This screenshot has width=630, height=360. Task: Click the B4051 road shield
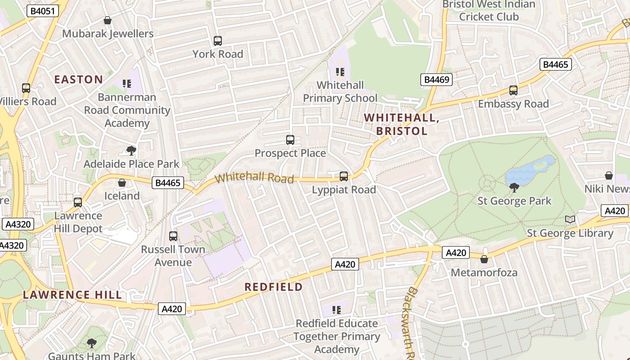point(43,11)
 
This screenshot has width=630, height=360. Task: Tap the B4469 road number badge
point(436,80)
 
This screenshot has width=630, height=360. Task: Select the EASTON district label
point(79,80)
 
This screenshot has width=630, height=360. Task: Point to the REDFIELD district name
point(274,287)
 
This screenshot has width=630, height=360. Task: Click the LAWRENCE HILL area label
point(72,295)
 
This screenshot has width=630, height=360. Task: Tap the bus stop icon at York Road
point(218,41)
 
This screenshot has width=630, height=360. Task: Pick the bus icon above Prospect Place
point(290,140)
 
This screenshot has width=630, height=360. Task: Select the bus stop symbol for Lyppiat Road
point(344,176)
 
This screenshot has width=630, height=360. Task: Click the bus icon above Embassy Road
point(513,90)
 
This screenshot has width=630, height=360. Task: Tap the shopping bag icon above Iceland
point(121,183)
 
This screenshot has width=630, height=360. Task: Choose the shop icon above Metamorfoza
point(484,259)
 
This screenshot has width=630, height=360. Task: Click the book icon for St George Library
point(570,220)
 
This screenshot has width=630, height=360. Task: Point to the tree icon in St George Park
point(514,188)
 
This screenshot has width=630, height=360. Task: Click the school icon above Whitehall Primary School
point(340,72)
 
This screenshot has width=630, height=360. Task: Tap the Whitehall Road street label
point(254,177)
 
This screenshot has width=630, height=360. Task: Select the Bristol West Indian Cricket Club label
point(489,11)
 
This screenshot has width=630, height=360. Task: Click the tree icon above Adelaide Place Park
point(131,150)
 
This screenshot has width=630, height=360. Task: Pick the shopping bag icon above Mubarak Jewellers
point(108,20)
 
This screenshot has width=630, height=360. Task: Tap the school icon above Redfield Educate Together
point(337,310)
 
